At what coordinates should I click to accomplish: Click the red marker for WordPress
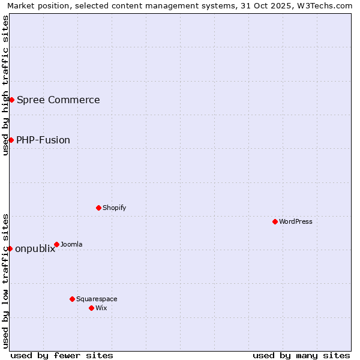click(275, 221)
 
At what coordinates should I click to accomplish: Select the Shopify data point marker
click(98, 208)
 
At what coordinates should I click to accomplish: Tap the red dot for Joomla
click(56, 244)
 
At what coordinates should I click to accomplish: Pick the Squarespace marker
click(72, 299)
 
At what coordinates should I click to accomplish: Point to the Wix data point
click(91, 308)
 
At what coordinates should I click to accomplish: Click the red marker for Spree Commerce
click(11, 100)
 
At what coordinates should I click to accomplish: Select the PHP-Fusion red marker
click(11, 140)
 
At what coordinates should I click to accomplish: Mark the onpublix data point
click(10, 248)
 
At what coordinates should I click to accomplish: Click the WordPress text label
click(296, 221)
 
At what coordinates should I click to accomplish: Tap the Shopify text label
click(114, 208)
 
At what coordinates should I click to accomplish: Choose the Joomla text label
click(71, 244)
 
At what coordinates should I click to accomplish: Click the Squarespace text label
click(97, 299)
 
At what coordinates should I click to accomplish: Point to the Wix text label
click(101, 308)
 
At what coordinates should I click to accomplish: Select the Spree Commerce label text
click(58, 100)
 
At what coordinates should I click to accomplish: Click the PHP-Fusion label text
click(43, 140)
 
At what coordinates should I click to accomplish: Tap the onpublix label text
click(35, 249)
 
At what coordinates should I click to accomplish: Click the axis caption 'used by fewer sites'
click(62, 355)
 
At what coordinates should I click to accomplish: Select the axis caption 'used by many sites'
click(301, 355)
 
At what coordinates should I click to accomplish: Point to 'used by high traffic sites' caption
click(5, 85)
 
